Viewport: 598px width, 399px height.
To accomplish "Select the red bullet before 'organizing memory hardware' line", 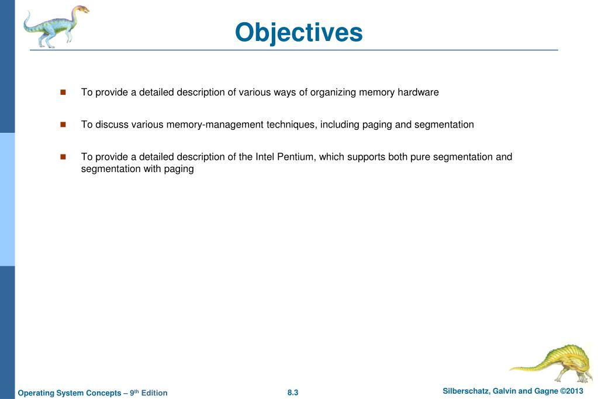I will (x=63, y=92).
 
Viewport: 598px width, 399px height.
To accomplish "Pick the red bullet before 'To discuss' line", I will (x=63, y=125).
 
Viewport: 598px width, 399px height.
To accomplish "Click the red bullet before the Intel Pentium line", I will (x=63, y=157).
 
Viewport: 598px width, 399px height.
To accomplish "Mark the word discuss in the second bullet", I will (x=110, y=125).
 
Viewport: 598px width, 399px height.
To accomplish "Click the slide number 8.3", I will (x=293, y=393).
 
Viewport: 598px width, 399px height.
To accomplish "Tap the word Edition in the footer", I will (x=154, y=393).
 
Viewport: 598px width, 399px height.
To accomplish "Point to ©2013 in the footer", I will (x=572, y=391).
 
